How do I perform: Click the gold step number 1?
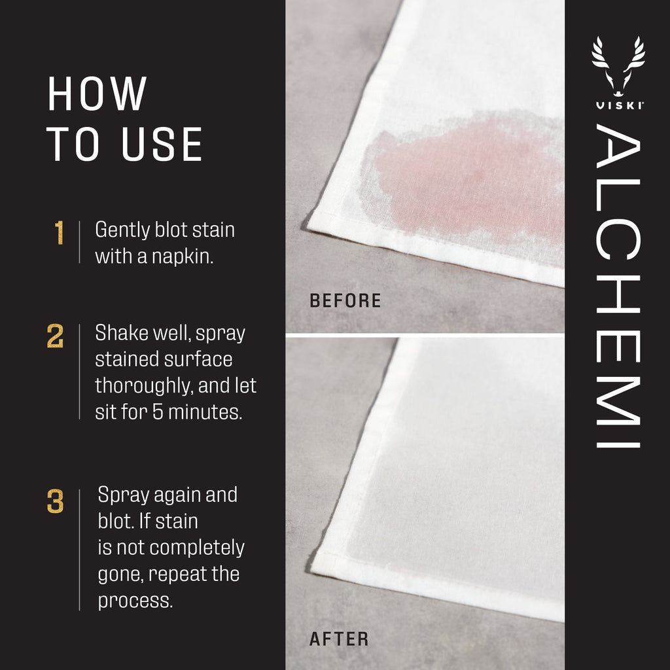point(60,234)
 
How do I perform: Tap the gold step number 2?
point(56,336)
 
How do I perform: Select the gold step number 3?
point(56,502)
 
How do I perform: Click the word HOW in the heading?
point(97,95)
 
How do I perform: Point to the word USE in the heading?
point(162,145)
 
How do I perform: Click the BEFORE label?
point(345,301)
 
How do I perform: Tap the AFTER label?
point(339,639)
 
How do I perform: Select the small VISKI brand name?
point(618,106)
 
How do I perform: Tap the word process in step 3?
point(135,601)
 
